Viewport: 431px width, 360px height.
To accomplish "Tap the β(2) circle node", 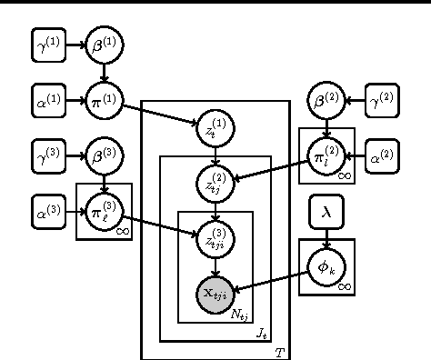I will (326, 100).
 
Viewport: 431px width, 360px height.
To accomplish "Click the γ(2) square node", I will (382, 100).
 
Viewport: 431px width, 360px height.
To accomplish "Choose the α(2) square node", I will (382, 156).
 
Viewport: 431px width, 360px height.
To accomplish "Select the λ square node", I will (326, 212).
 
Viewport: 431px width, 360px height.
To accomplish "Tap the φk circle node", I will (326, 266).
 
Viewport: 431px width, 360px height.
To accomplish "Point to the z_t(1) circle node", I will (215, 128).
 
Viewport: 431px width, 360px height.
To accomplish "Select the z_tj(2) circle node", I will (215, 184).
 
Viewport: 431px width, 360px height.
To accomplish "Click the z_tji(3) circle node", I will (215, 238).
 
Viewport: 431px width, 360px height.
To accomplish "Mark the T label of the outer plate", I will (279, 351).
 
